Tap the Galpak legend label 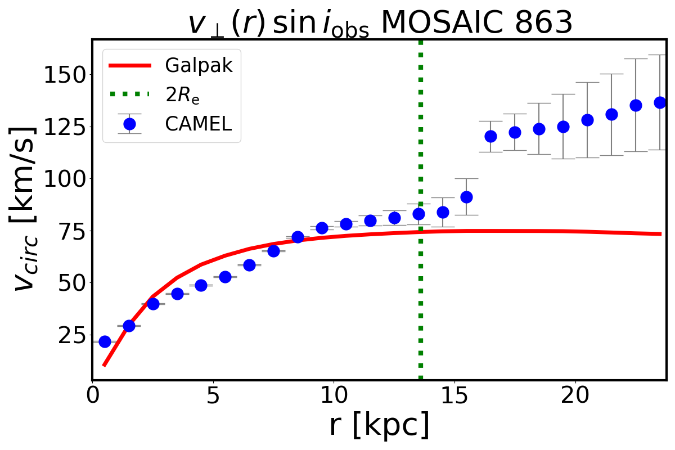point(199,66)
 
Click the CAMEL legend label point(199,124)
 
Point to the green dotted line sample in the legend point(129,95)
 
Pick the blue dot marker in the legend point(129,124)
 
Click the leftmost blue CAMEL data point point(105,341)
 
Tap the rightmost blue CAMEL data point point(660,102)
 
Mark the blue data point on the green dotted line point(418,214)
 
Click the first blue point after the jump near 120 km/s point(490,136)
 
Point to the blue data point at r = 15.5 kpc point(466,197)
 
